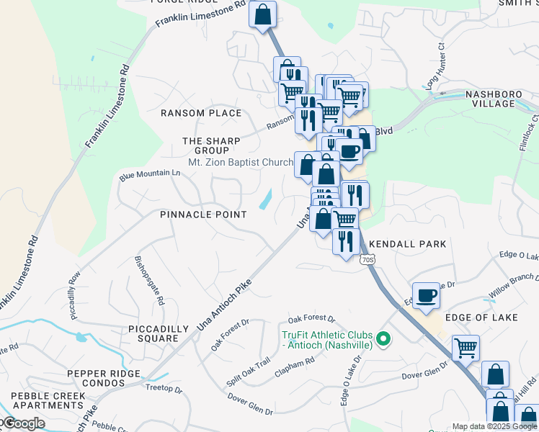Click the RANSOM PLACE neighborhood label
201,114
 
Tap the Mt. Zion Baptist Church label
240,163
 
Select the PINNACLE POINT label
203,215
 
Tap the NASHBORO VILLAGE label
490,99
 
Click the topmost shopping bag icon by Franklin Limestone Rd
263,14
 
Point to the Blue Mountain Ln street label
150,174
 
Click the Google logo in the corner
23,423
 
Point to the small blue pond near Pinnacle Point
265,199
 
